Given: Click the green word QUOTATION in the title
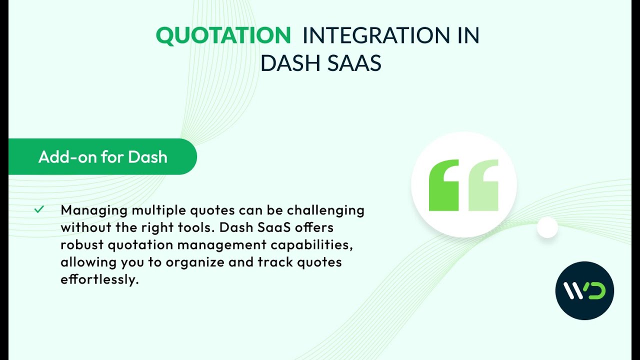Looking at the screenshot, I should (x=223, y=35).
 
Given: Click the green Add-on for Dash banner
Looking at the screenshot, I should (x=102, y=157).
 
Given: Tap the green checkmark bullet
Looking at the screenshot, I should (x=39, y=209).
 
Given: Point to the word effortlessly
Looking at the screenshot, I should (x=99, y=279).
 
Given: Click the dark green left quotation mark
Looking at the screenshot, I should (x=443, y=185).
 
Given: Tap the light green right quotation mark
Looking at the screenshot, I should (x=483, y=185).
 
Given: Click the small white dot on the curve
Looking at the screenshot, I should (x=547, y=227).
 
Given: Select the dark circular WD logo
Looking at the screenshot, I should (x=584, y=290).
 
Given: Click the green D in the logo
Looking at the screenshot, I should (x=595, y=291).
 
